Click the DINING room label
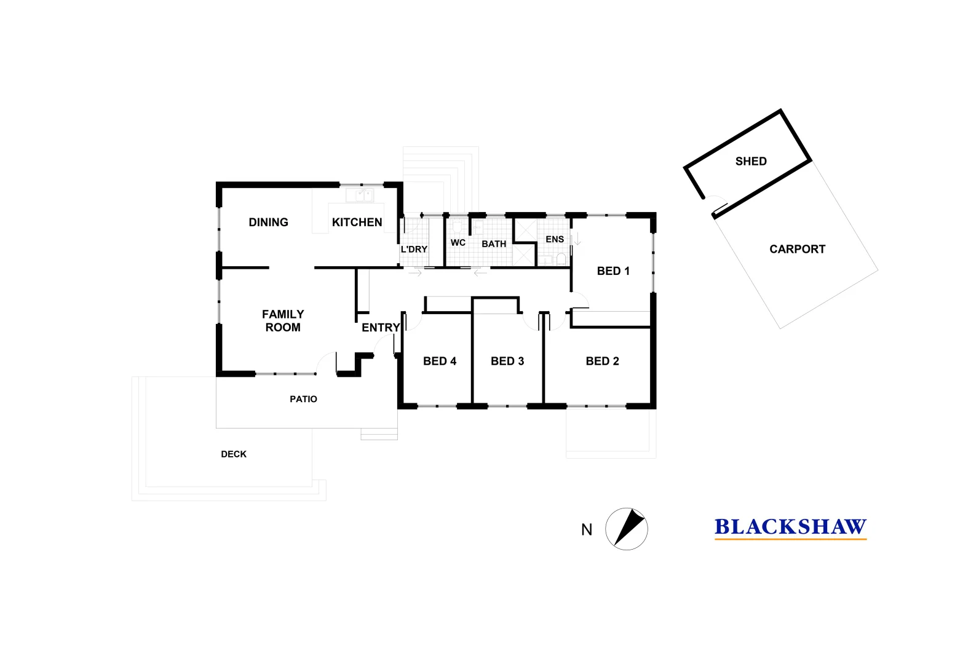(x=268, y=222)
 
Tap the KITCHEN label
(x=357, y=222)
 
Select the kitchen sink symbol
(x=360, y=196)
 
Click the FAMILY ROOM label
(x=283, y=320)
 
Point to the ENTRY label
(x=381, y=328)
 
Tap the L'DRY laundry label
(x=414, y=249)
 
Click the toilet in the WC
(x=457, y=226)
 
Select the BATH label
(x=494, y=243)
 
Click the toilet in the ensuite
(x=561, y=259)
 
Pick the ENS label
(x=555, y=239)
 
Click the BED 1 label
(x=613, y=271)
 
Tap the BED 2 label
(x=602, y=361)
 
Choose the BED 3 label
(x=507, y=361)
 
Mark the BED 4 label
(x=439, y=361)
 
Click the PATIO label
(x=304, y=399)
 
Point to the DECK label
(x=234, y=454)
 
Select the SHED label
(x=751, y=161)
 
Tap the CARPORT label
(x=798, y=249)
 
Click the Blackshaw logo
(x=791, y=528)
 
